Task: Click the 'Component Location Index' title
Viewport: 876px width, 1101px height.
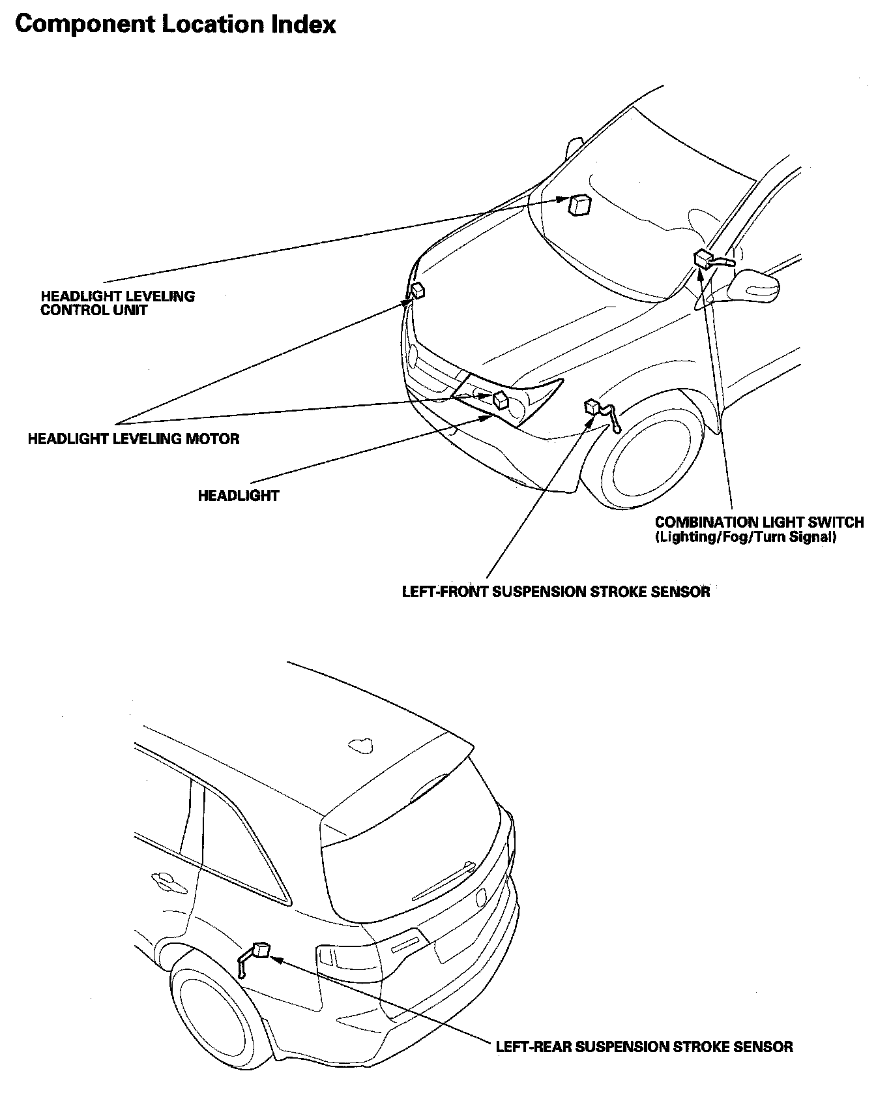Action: pos(175,25)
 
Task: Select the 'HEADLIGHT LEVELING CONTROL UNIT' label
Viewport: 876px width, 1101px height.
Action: pos(117,303)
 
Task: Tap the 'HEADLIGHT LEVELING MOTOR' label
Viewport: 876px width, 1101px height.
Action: pos(134,438)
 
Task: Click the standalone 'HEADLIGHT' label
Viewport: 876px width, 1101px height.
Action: pos(239,496)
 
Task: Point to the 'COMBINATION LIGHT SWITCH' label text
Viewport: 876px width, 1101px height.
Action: pos(759,522)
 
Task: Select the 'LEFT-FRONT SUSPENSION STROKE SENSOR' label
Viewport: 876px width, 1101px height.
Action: pos(556,592)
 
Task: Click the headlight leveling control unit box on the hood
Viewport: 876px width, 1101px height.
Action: pos(579,204)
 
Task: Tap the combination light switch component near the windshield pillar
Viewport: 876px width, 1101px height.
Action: pos(712,260)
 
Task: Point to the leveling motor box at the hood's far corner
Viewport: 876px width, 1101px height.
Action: pos(418,290)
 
